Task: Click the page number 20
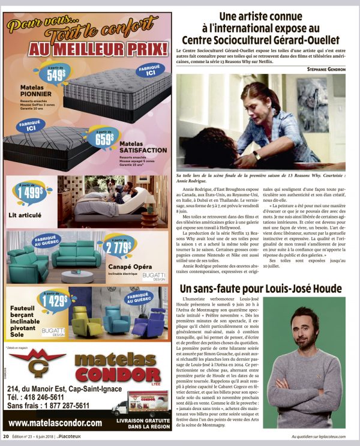(x=5, y=436)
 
